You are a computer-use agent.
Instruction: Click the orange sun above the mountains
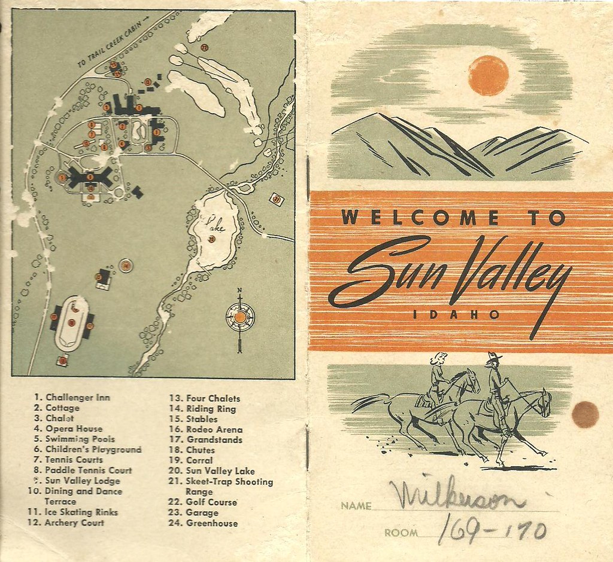[488, 75]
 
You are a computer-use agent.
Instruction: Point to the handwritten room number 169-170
[493, 530]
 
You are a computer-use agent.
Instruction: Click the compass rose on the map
[239, 317]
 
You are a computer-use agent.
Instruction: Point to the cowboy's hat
[494, 357]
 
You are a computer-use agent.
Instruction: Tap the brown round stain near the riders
[585, 414]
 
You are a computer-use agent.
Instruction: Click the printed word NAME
[356, 506]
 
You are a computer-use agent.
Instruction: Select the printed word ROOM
[400, 532]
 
